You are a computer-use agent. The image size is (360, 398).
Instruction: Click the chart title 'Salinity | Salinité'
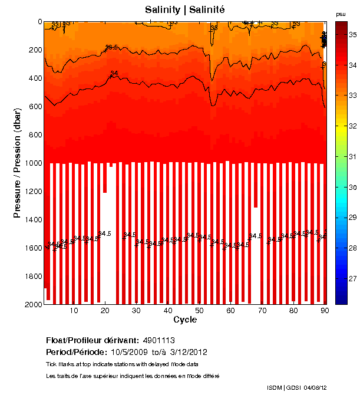(184, 9)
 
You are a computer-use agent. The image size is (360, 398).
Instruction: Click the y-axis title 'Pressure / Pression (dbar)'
(18, 163)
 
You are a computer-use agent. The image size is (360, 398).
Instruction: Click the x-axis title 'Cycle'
(185, 320)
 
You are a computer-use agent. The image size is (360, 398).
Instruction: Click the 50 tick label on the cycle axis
(199, 311)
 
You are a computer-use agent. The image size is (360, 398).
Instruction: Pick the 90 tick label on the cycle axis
(324, 311)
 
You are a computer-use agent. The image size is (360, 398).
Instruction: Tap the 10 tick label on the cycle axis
(74, 311)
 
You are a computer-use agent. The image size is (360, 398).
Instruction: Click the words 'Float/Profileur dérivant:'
(91, 340)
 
